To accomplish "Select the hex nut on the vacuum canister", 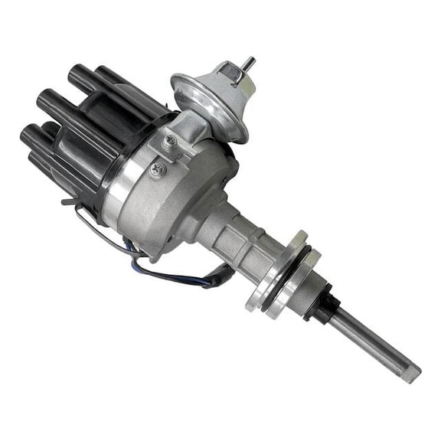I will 229,75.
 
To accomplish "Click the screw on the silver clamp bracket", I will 170,141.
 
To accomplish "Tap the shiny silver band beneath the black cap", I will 122,191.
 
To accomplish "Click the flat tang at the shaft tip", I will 410,373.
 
